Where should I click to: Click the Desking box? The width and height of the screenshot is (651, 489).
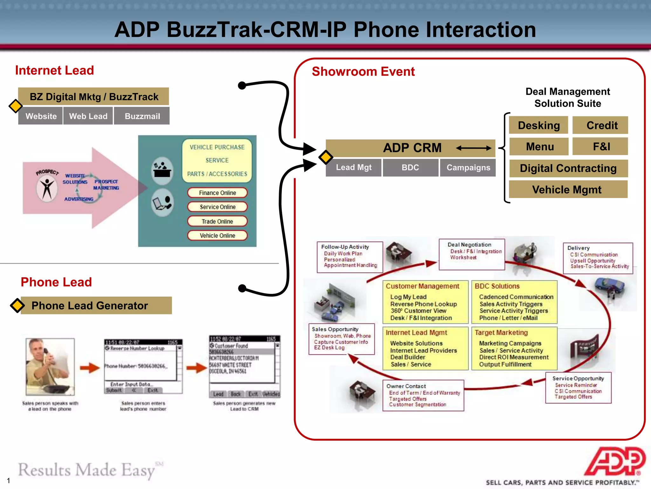[538, 125]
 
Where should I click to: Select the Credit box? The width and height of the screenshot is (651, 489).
[600, 125]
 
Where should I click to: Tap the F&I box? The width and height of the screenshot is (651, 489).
[600, 146]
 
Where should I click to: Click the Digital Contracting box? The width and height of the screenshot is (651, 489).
[568, 168]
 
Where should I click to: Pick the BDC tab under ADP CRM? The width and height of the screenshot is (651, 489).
[410, 167]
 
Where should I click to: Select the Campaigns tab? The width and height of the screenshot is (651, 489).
[468, 167]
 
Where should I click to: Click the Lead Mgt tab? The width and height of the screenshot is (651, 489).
[353, 167]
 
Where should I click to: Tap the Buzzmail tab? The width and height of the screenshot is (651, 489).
[142, 116]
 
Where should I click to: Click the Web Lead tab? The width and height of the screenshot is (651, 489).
[88, 116]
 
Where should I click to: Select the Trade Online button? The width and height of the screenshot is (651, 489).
[217, 221]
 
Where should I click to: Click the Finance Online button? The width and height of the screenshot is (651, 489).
[217, 193]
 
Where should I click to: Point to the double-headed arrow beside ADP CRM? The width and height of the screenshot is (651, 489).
[473, 148]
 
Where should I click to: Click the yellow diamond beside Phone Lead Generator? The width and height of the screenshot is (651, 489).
[17, 305]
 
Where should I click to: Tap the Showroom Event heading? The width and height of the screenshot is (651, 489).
[363, 71]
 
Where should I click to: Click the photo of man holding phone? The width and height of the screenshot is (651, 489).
[50, 367]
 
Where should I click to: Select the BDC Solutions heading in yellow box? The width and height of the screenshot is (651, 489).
[497, 286]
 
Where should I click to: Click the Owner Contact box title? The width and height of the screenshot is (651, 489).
[406, 386]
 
